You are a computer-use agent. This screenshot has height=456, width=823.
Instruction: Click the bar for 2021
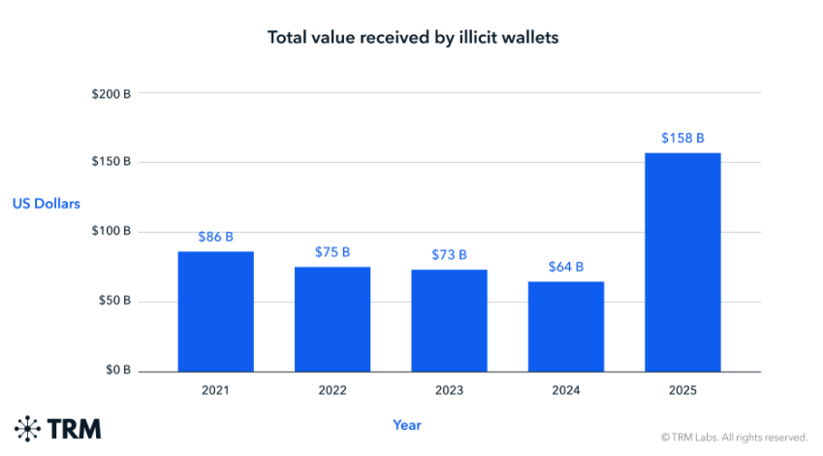tap(215, 311)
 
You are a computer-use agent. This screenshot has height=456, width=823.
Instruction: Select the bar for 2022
tap(332, 319)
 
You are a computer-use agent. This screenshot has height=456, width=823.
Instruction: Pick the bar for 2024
tap(566, 326)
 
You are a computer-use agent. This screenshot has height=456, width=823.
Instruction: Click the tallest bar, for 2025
tap(682, 262)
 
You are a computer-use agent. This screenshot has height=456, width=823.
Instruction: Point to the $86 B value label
tap(215, 237)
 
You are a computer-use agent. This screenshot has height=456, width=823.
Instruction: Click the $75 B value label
tap(332, 252)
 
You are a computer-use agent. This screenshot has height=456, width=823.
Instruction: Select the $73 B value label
tap(449, 255)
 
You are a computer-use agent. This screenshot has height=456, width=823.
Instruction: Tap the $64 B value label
tap(566, 267)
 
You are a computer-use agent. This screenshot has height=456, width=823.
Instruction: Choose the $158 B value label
tap(682, 138)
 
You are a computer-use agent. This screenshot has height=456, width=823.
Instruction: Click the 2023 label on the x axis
tap(449, 391)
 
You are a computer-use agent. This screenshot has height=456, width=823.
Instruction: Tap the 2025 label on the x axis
tap(682, 391)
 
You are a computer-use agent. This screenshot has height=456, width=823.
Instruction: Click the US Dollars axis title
tap(47, 204)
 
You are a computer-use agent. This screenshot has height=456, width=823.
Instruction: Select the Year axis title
tap(407, 425)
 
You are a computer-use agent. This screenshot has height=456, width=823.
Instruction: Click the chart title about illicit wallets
tap(413, 38)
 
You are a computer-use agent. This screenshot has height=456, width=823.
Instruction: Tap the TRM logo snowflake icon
tap(28, 428)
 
